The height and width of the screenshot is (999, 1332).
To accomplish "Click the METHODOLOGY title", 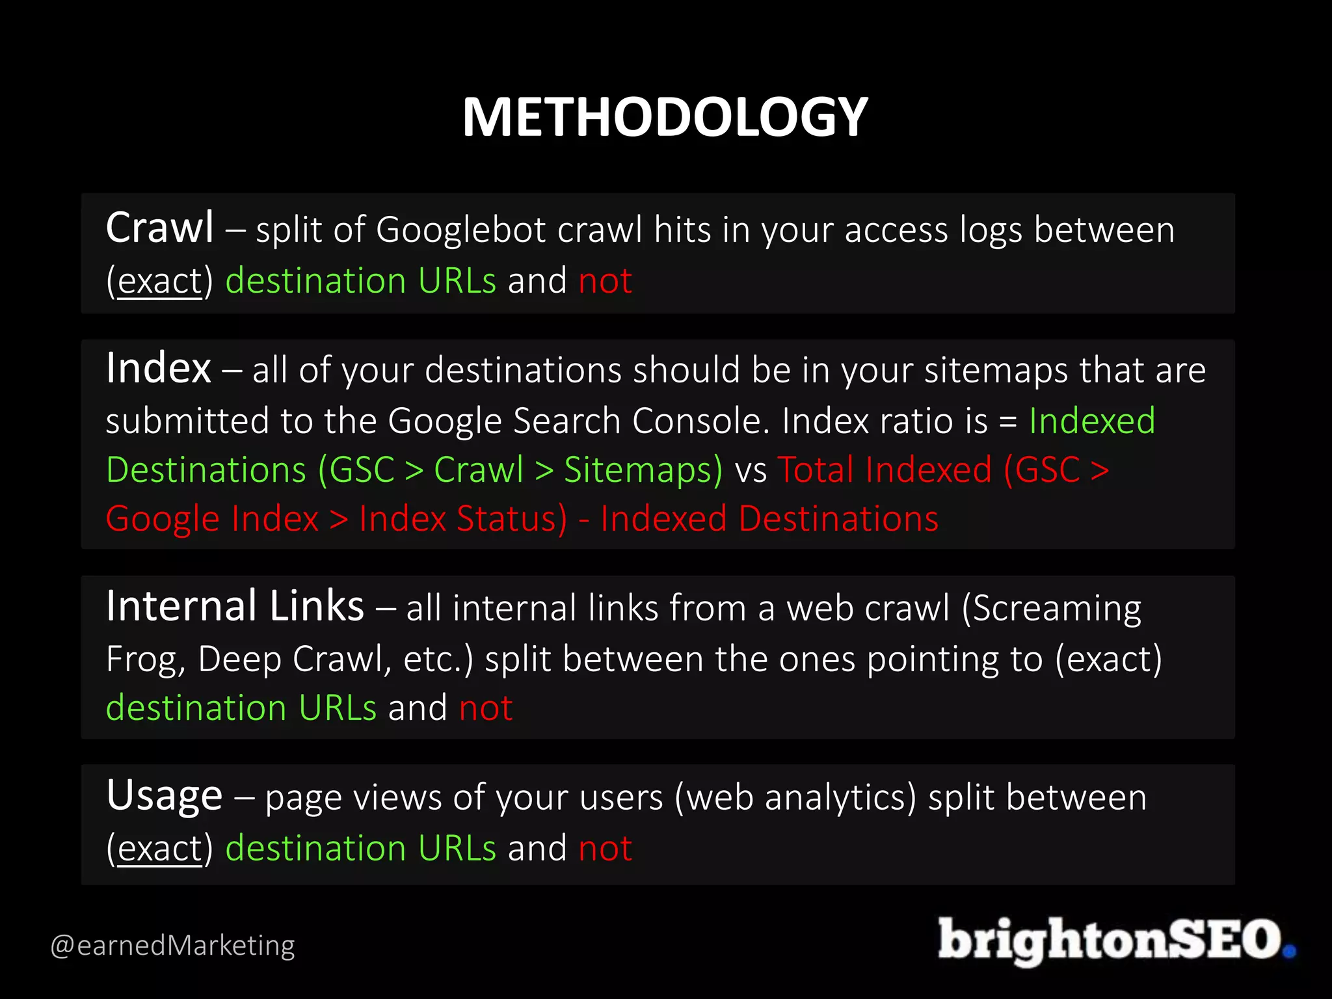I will (665, 117).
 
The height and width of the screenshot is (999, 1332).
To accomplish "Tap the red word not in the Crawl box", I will (605, 281).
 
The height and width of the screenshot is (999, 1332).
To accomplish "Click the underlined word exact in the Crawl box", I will (160, 282).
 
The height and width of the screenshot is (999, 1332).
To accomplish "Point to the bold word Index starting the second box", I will (159, 368).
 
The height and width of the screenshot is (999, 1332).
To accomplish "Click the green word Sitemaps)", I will (643, 470).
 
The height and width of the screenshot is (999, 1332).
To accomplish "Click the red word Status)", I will (512, 519).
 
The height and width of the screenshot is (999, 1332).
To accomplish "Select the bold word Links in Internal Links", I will (316, 606).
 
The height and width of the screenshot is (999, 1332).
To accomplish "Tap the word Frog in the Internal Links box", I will (139, 659).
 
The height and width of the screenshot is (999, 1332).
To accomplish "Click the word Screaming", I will (1058, 609).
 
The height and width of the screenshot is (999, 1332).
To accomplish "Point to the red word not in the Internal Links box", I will (485, 708).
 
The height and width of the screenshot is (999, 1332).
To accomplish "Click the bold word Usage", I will (165, 796).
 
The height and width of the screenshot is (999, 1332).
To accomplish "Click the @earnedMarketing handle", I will (172, 945).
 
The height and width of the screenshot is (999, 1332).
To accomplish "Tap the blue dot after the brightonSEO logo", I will (1289, 952).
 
